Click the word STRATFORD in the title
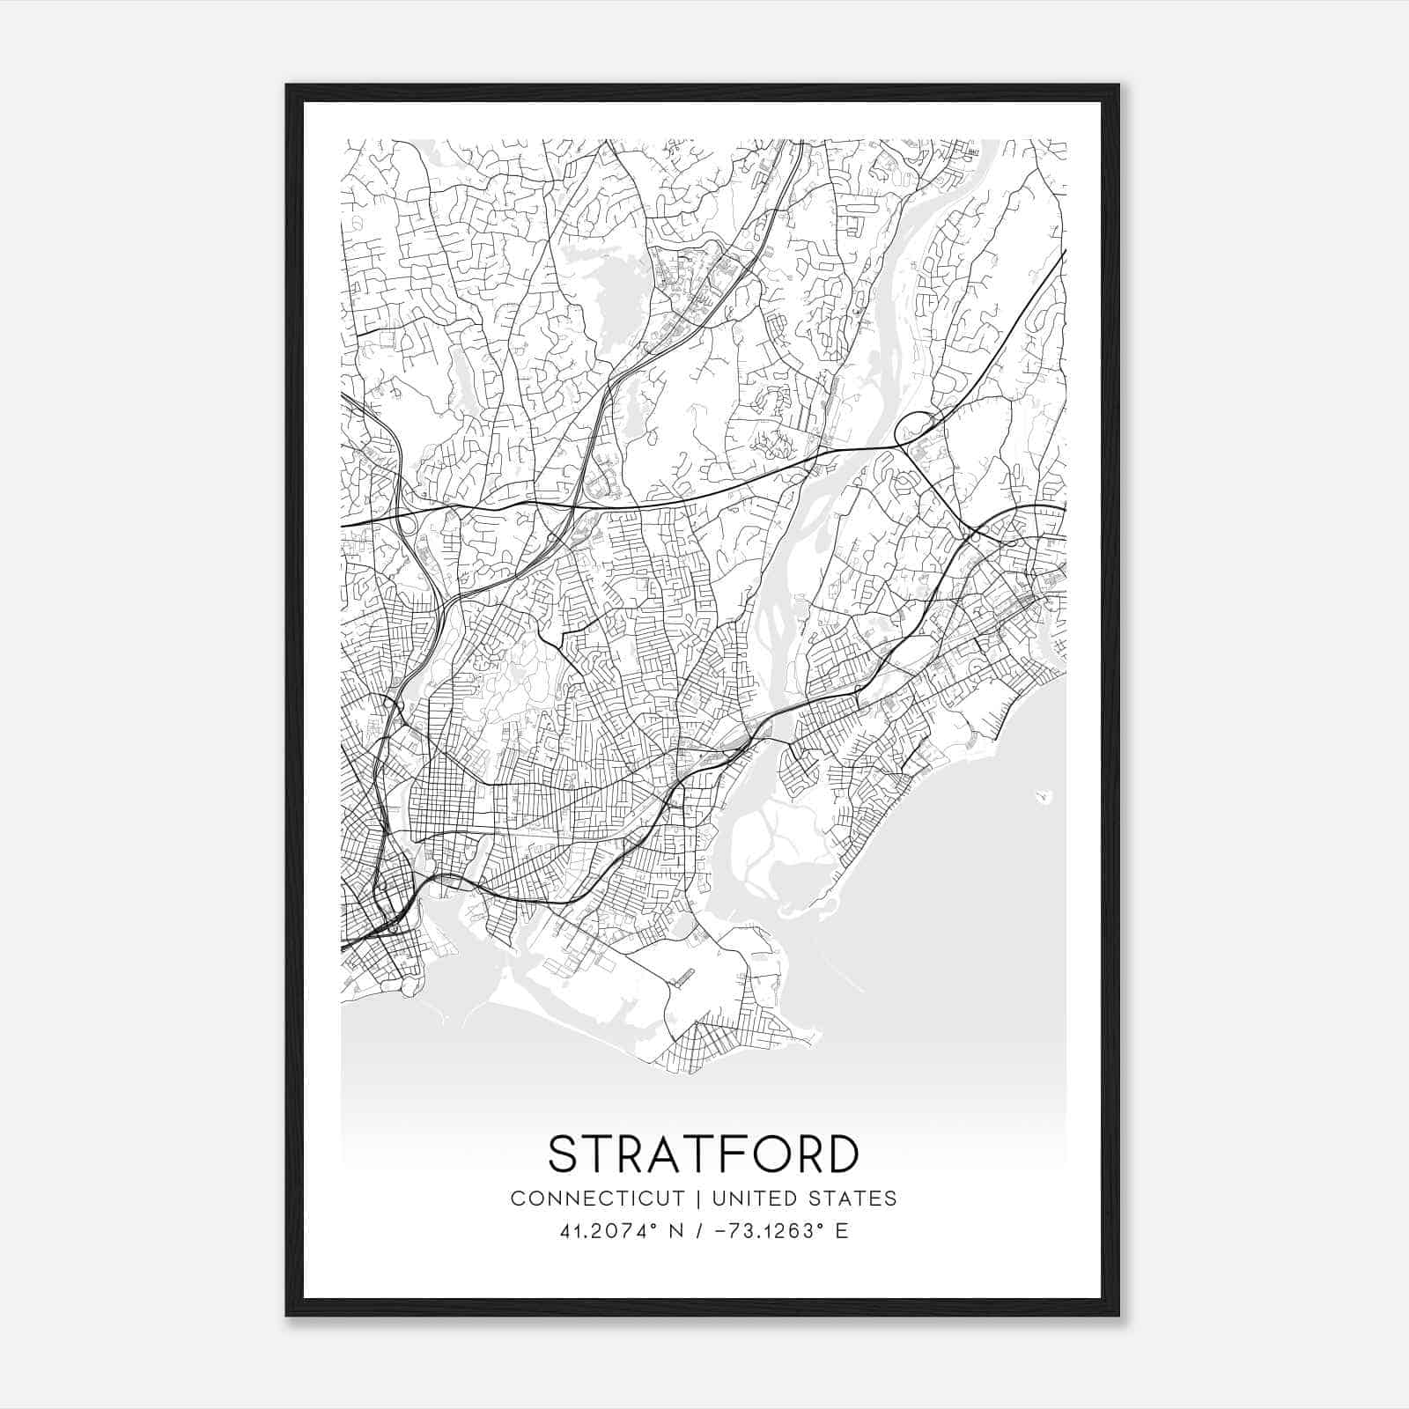[703, 1154]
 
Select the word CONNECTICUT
[598, 1199]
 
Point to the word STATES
[855, 1199]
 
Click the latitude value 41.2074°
[609, 1231]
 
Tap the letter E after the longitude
[842, 1231]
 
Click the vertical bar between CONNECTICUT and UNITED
[697, 1199]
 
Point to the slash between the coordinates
[698, 1231]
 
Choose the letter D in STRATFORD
[841, 1154]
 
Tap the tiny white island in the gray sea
[1044, 797]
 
